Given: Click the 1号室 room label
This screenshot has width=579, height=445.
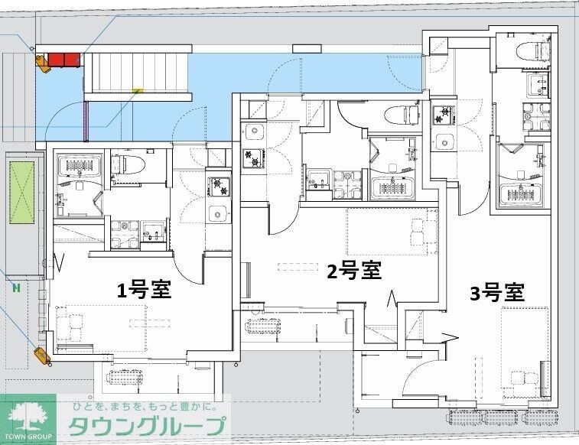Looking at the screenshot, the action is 144,290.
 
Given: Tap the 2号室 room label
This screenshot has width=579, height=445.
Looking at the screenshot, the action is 354,271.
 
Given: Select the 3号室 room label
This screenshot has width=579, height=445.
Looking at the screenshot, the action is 497,293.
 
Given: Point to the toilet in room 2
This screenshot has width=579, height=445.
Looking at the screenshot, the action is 402,115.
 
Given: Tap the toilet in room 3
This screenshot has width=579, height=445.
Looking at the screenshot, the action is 534,51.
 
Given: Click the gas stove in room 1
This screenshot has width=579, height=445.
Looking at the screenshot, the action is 218,187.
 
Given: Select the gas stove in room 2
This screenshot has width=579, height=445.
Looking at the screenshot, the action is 253,159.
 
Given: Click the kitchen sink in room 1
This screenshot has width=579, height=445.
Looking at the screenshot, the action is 218,213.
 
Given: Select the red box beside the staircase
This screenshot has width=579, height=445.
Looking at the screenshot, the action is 64,60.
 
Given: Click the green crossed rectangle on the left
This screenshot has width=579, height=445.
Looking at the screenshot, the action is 22,193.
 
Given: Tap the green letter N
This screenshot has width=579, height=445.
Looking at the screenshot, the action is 16,287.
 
